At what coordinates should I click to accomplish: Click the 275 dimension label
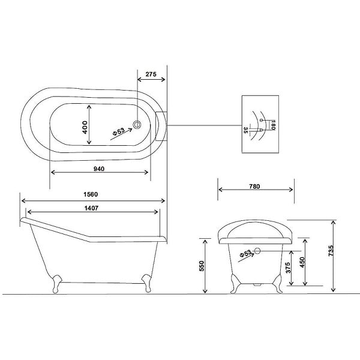click(151, 74)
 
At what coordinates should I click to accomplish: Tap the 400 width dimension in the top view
click(85, 127)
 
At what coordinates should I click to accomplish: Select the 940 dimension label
click(99, 169)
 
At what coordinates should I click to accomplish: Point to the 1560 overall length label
click(91, 194)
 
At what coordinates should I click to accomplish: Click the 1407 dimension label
click(91, 208)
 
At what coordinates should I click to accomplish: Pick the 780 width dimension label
click(254, 187)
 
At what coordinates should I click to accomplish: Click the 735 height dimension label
click(331, 251)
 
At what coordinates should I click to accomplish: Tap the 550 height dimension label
click(202, 266)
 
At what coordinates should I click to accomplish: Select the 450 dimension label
click(302, 262)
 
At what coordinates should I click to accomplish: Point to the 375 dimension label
click(288, 268)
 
